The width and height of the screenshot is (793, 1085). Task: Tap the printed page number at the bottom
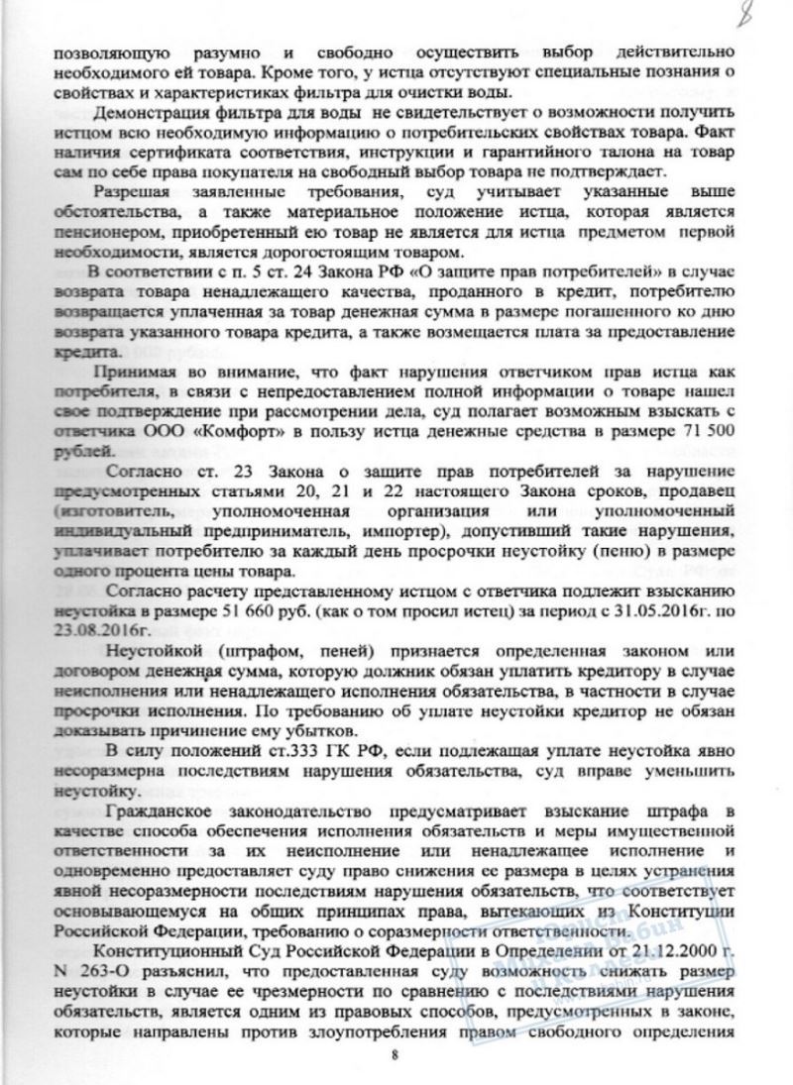pos(395,1053)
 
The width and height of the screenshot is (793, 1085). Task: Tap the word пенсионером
pos(103,231)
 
